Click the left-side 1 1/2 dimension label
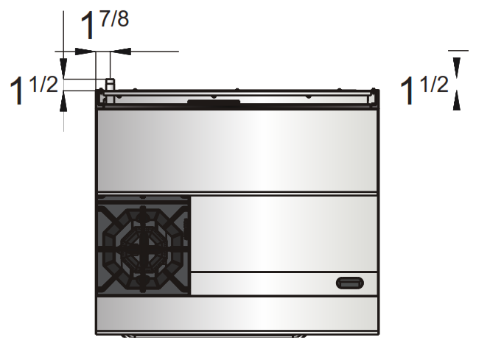(x=32, y=92)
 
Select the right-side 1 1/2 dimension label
(x=424, y=90)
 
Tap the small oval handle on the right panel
(x=349, y=282)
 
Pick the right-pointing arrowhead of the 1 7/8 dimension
(x=85, y=52)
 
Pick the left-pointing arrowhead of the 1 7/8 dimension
(x=119, y=52)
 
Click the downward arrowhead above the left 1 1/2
(x=64, y=71)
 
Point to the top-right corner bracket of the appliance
(x=374, y=93)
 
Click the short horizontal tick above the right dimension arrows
(x=458, y=50)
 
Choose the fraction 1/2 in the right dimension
(x=435, y=83)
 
